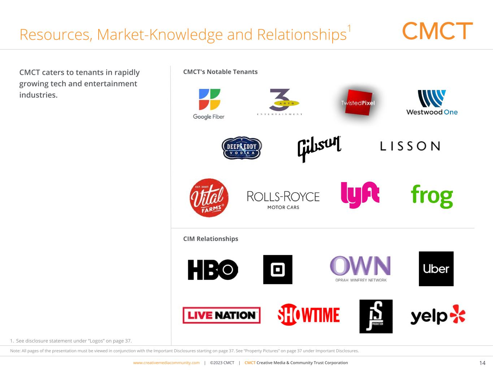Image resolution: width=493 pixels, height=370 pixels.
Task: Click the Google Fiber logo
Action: tap(208, 104)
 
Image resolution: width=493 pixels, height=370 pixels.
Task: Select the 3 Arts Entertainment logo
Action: tap(280, 102)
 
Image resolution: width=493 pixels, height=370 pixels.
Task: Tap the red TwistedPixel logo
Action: tap(358, 103)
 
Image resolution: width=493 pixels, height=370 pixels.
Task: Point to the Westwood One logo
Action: tap(432, 103)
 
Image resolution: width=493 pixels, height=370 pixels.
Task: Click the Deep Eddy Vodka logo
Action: tap(242, 148)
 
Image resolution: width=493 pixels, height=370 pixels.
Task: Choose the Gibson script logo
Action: tap(319, 148)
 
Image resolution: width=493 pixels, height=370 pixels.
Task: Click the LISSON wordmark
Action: tap(410, 146)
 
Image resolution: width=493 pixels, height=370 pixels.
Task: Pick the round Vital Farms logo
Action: tap(209, 198)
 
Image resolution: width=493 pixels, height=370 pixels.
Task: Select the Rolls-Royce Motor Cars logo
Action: tap(283, 199)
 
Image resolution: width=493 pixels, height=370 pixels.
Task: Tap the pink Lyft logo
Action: tap(360, 195)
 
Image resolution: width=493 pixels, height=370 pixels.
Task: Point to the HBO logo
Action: tap(213, 270)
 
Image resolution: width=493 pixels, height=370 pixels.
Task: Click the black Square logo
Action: tap(278, 270)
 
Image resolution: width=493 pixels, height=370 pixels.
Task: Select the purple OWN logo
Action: tap(360, 269)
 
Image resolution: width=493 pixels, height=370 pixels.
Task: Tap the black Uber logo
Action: tap(436, 269)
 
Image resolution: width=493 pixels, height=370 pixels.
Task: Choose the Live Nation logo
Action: tap(221, 315)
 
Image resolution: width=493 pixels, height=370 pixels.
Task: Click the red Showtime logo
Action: tap(309, 315)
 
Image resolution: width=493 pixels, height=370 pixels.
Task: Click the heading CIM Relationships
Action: tap(211, 239)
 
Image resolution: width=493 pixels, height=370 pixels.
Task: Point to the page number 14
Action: tap(482, 363)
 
